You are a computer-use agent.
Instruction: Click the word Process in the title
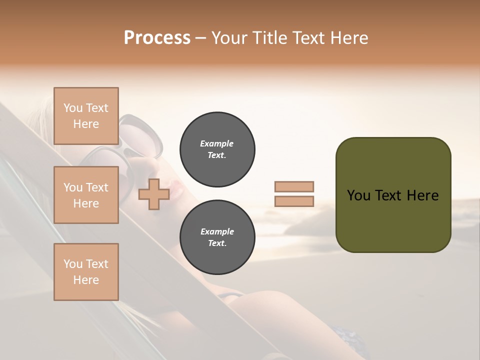[x=157, y=37]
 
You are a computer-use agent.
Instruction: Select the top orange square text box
[x=86, y=116]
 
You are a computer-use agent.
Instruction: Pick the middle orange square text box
[x=86, y=195]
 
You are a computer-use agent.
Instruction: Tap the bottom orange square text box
[x=86, y=272]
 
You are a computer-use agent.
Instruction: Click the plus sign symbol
[x=153, y=194]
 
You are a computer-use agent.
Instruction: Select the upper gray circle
[x=217, y=149]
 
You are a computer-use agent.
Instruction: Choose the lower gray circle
[x=217, y=237]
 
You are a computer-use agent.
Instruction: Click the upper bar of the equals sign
[x=294, y=186]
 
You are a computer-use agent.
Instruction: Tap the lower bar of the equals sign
[x=294, y=201]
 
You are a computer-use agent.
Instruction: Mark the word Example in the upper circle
[x=217, y=143]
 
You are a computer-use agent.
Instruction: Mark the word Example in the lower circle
[x=217, y=231]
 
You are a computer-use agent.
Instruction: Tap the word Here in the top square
[x=86, y=124]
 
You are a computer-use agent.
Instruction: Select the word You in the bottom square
[x=73, y=264]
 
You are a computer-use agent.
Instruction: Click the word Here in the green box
[x=422, y=195]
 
